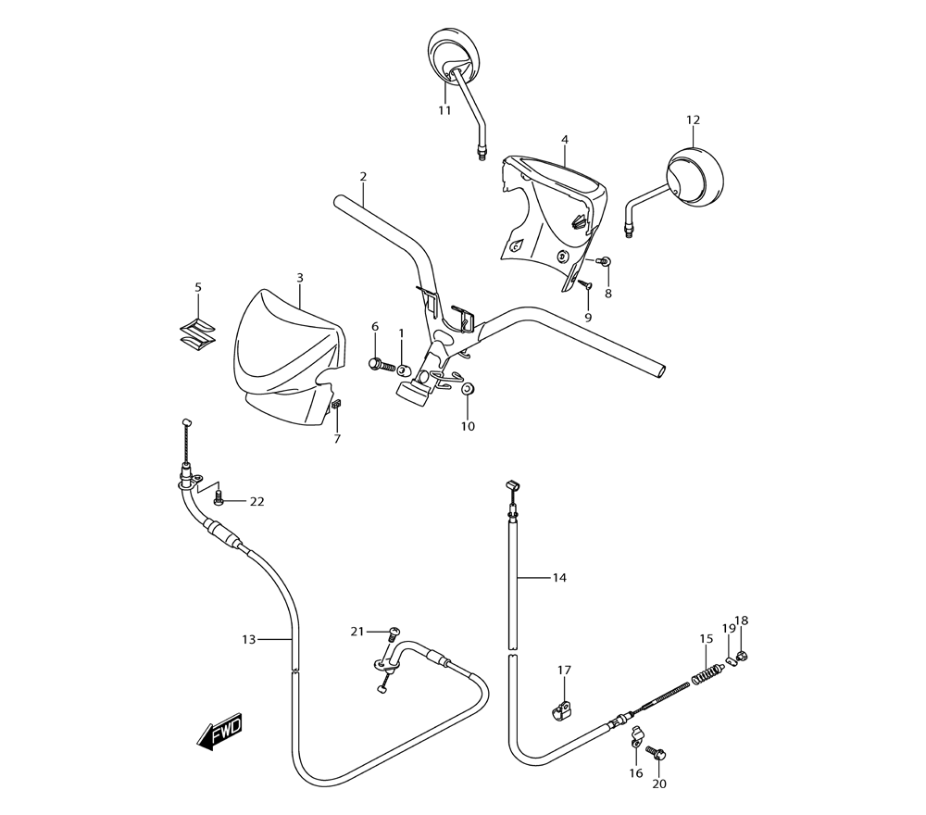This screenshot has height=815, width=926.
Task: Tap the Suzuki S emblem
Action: pos(198,334)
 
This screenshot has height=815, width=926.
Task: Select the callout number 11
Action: pos(444,110)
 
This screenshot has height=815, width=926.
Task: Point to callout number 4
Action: pos(564,140)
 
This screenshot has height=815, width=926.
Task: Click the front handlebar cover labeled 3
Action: pos(282,357)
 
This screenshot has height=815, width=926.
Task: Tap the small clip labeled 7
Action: pos(336,405)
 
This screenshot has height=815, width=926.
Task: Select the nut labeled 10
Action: pos(467,387)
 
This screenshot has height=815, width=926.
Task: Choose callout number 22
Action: pos(257,502)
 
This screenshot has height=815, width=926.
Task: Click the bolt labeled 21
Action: pos(393,633)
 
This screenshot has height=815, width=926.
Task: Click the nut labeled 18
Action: pos(743,658)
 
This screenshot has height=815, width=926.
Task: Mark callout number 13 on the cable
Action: pos(248,639)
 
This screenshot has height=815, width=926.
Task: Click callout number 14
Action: pos(559,578)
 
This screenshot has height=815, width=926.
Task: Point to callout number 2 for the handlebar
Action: pos(363,176)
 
